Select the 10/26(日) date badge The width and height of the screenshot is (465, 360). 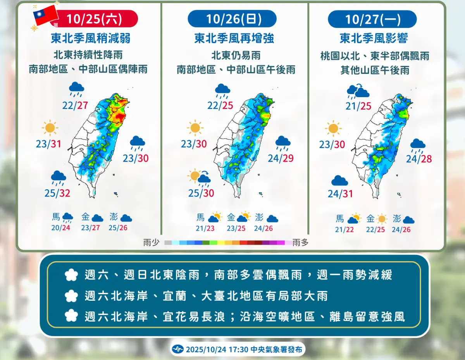click(232, 19)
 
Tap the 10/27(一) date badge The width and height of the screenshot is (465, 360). click(372, 19)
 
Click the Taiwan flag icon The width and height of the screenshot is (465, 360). click(45, 16)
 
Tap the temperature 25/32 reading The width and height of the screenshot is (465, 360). click(57, 193)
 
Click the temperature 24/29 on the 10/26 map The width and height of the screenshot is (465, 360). click(280, 158)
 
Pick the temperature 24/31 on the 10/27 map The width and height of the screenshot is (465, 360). click(340, 193)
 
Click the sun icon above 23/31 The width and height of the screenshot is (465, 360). click(50, 128)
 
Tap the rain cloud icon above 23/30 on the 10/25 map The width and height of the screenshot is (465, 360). click(138, 143)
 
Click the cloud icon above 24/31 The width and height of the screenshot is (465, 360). click(339, 180)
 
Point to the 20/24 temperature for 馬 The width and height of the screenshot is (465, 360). click(60, 228)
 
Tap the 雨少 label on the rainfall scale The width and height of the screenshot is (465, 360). click(151, 243)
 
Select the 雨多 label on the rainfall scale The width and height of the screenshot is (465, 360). click(301, 243)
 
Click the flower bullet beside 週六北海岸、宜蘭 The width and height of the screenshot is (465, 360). click(72, 296)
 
